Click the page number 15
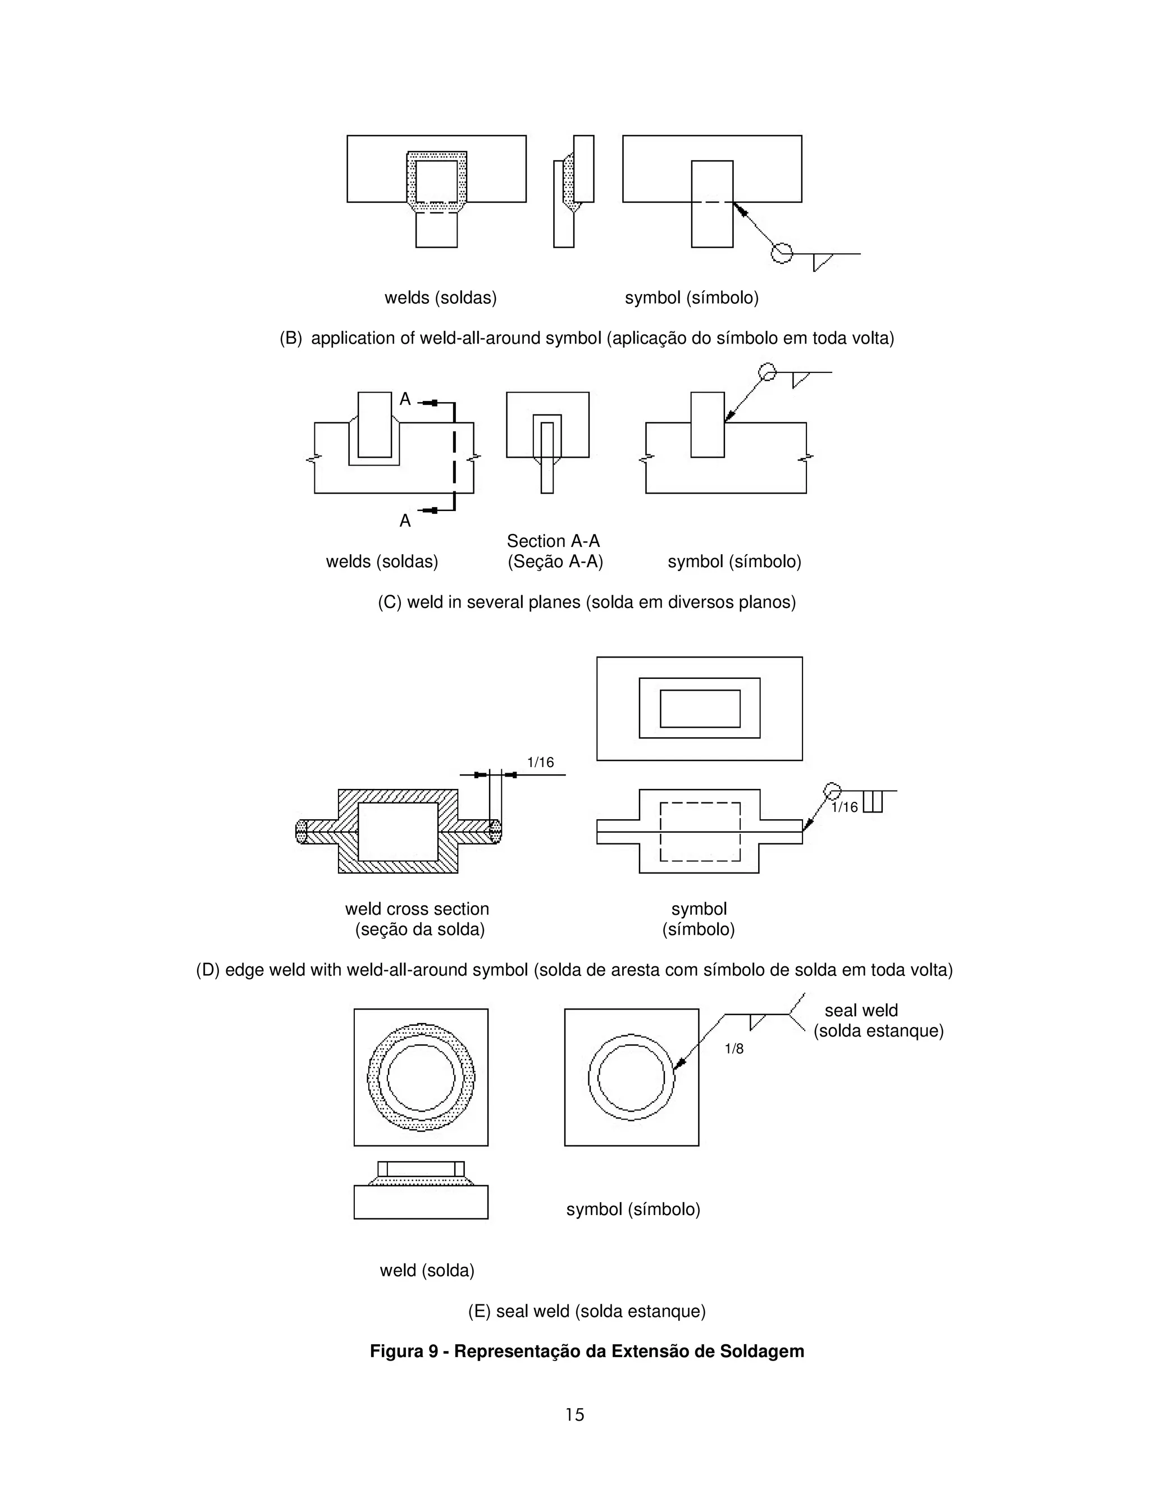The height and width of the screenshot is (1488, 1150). pyautogui.click(x=574, y=1415)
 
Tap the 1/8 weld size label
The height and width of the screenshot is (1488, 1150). pyautogui.click(x=734, y=1048)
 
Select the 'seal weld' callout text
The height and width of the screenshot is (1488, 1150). pyautogui.click(x=861, y=1010)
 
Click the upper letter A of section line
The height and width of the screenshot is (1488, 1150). pyautogui.click(x=405, y=399)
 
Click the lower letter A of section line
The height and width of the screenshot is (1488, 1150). pyautogui.click(x=405, y=521)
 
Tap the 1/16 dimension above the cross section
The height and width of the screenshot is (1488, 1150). pyautogui.click(x=541, y=763)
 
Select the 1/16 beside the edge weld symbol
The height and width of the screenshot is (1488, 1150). pyautogui.click(x=845, y=807)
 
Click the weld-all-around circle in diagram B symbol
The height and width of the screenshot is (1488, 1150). pyautogui.click(x=782, y=253)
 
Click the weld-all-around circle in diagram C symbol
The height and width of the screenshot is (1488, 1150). pyautogui.click(x=768, y=372)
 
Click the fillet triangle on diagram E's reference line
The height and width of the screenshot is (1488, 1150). pyautogui.click(x=756, y=1022)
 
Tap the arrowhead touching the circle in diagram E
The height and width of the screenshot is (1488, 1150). pyautogui.click(x=679, y=1065)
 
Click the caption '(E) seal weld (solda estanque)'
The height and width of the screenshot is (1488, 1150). pyautogui.click(x=587, y=1312)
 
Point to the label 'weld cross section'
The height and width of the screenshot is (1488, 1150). pyautogui.click(x=417, y=909)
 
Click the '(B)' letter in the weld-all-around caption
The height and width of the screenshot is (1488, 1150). pyautogui.click(x=291, y=339)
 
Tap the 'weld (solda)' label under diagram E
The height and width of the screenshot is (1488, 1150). pyautogui.click(x=427, y=1271)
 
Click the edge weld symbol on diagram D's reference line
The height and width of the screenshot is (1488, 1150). pyautogui.click(x=873, y=801)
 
